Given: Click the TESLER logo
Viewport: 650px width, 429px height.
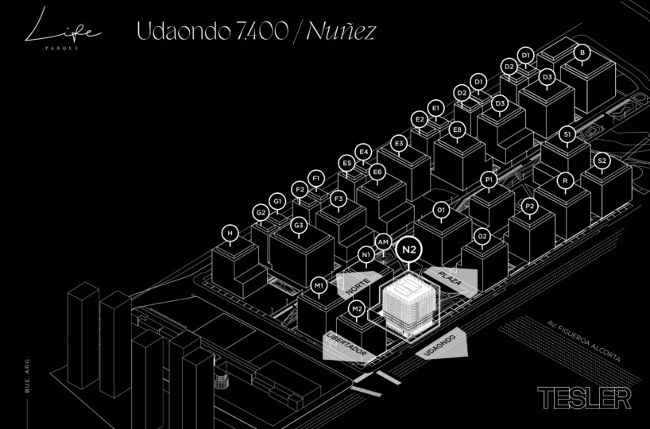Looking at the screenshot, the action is click(x=584, y=398).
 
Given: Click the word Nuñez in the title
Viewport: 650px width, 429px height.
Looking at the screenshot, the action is click(x=341, y=31).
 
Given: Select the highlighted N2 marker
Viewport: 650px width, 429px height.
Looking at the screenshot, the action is click(x=409, y=250).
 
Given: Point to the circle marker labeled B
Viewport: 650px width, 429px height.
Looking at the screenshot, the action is click(x=582, y=52).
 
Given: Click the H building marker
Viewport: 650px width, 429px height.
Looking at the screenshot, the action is click(x=230, y=233).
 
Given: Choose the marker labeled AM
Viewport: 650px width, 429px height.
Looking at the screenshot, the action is click(x=384, y=242).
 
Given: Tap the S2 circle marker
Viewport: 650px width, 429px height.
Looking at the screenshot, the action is click(x=602, y=160).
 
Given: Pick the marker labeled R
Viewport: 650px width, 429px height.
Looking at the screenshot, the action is click(x=565, y=180).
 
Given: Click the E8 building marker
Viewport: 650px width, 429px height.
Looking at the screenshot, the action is click(x=457, y=130).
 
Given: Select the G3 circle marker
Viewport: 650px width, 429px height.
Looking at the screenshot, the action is click(x=299, y=226).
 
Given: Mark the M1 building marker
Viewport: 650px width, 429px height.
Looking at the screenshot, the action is click(x=319, y=285).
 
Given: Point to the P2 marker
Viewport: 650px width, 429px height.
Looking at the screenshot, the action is click(x=529, y=206).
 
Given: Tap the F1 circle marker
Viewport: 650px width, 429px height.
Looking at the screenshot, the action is click(x=316, y=179).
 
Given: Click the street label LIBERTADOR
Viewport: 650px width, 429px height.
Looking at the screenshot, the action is click(x=347, y=344).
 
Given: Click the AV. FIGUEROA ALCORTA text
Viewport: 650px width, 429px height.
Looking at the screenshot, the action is click(x=583, y=341).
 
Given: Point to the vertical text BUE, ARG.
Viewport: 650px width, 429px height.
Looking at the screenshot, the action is click(x=27, y=374).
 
